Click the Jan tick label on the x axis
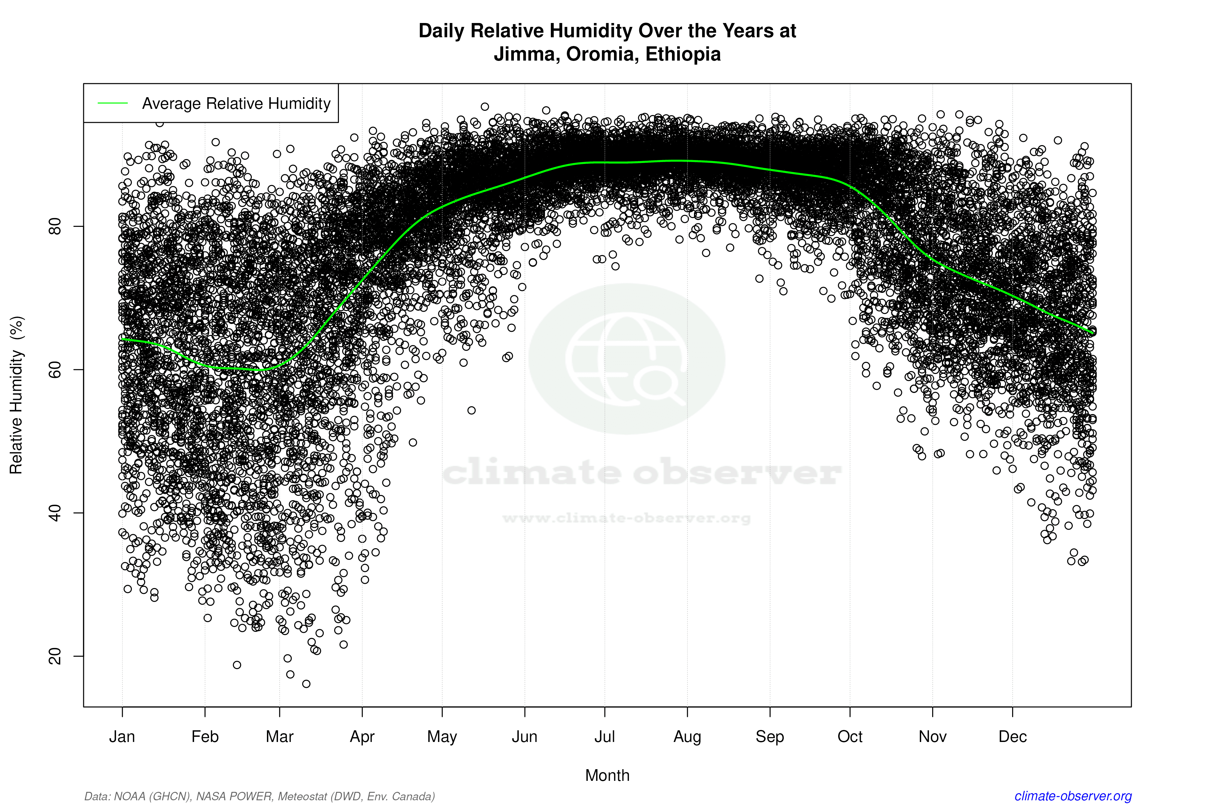[122, 737]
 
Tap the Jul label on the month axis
[604, 737]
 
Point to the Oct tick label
[850, 737]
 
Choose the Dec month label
[1012, 737]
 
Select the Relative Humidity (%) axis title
[17, 395]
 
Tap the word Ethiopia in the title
[683, 54]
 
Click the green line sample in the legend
[113, 103]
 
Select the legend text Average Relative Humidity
[236, 103]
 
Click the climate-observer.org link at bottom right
[1073, 796]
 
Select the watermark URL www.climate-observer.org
[626, 518]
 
